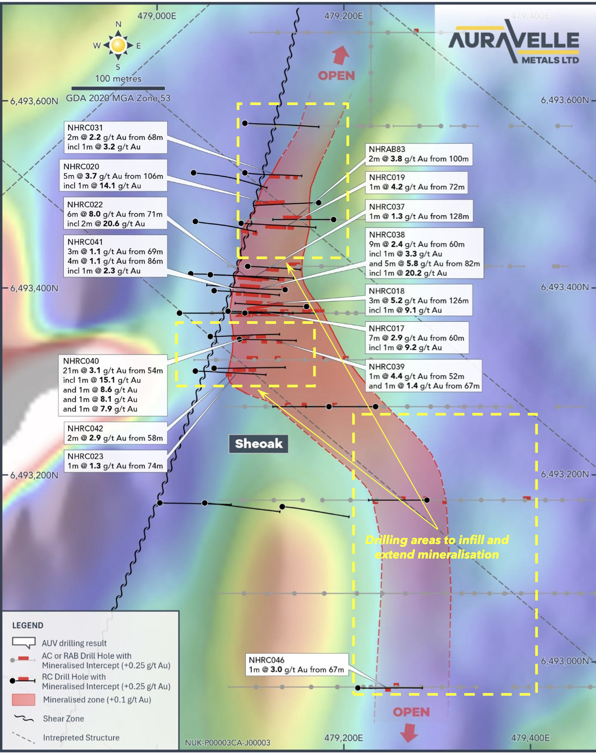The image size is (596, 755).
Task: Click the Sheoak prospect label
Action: [x=258, y=443]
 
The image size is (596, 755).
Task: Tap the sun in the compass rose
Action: [x=118, y=45]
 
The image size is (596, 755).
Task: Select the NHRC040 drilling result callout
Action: [x=113, y=385]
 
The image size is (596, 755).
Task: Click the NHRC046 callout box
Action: [x=297, y=664]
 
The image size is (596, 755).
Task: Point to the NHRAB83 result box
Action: [x=419, y=154]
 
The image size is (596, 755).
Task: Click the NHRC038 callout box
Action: [x=425, y=253]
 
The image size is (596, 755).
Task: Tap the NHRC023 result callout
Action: [x=116, y=461]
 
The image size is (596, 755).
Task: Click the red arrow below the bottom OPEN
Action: [x=409, y=732]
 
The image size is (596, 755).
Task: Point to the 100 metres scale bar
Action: [x=119, y=88]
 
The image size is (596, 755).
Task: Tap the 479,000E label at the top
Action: [x=157, y=16]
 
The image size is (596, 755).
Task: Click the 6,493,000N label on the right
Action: [x=565, y=661]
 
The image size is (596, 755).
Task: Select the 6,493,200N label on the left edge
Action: [x=34, y=476]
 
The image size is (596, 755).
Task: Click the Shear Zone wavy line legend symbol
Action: [x=24, y=719]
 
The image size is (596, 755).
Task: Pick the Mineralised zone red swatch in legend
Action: [x=24, y=700]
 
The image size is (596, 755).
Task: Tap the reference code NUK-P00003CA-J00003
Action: [x=228, y=743]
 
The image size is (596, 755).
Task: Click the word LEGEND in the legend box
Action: [x=28, y=625]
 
